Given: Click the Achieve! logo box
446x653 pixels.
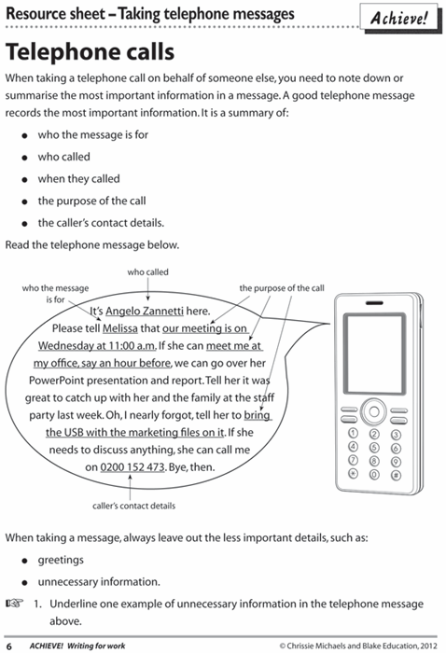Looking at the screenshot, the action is pos(399,18).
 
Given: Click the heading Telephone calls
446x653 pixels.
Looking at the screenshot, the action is pos(90,52).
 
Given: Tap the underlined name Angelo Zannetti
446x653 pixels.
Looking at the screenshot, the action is pos(145,311).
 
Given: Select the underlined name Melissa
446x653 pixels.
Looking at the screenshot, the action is pos(120,328).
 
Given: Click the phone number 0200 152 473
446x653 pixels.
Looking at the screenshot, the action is pos(132,467).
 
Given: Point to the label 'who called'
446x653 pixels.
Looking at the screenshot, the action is pos(147,272).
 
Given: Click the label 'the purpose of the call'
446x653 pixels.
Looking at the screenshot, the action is pos(282,288).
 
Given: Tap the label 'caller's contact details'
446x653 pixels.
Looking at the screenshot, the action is pos(133,506).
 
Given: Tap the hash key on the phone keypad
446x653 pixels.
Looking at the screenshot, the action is pos(396,475).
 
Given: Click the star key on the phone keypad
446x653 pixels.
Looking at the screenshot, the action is pos(353,474).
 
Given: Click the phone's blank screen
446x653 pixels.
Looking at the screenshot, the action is pos(374,354).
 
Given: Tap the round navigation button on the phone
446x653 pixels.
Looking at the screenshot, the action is pos(374,412).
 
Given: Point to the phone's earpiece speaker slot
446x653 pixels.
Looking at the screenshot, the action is pos(374,303).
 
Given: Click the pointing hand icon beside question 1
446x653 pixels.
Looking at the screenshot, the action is pos(15,603).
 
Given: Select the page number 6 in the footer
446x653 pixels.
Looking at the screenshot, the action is pos(9,646).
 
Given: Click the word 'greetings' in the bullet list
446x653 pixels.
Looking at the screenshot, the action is pos(61,560).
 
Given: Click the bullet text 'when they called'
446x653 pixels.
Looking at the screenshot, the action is pos(78,179).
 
